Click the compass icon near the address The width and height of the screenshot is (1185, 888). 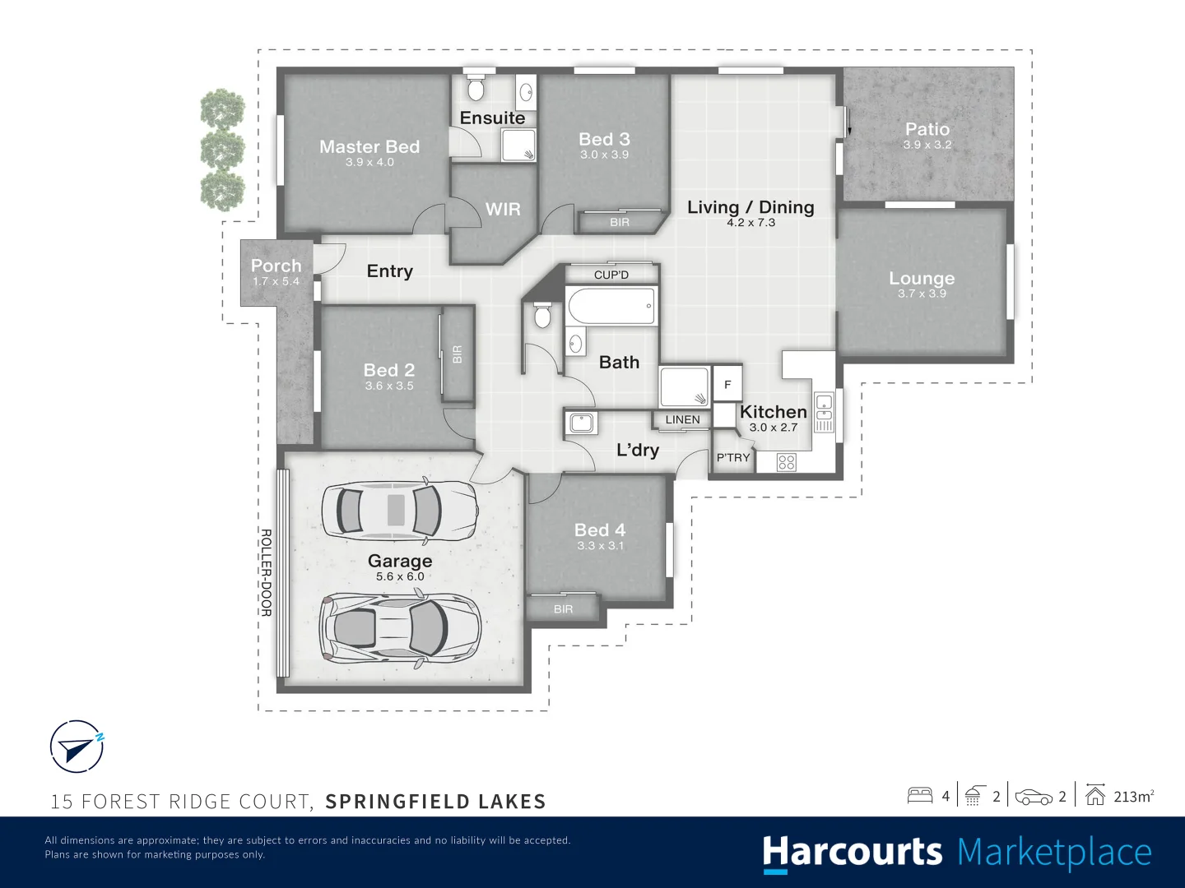pos(77,747)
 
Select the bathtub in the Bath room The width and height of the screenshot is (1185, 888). pos(611,306)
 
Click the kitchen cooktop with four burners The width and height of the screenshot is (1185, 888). pos(787,463)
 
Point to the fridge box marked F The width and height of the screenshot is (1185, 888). pos(727,385)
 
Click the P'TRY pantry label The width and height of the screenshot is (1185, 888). pos(732,458)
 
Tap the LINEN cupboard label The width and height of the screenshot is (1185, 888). pos(682,419)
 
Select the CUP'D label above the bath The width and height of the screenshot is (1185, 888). pos(611,275)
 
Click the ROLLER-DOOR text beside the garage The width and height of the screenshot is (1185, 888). pos(266,572)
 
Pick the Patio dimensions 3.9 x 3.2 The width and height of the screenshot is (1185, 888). pos(927,145)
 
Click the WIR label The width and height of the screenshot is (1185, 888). pos(503,209)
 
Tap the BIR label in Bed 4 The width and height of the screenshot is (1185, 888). pos(563,609)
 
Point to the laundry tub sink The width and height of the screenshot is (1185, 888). pos(581,423)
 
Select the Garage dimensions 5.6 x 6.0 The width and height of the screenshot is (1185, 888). pos(400,576)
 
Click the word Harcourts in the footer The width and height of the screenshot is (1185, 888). pos(852,853)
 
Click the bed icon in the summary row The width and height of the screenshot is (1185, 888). pos(920,796)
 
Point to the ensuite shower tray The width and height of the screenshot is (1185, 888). pos(518,145)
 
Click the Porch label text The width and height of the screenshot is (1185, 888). pos(276,266)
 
